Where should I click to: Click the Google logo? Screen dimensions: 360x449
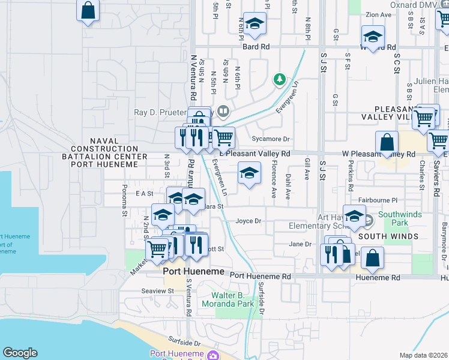[x=20, y=353]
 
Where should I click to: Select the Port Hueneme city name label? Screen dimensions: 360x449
[x=194, y=272]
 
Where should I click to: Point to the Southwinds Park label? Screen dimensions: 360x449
[x=400, y=218]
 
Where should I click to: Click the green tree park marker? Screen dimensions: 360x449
[x=279, y=79]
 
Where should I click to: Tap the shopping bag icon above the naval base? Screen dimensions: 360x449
[x=88, y=11]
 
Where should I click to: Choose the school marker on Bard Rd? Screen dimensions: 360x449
[x=255, y=25]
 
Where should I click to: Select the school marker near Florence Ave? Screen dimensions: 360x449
[x=250, y=174]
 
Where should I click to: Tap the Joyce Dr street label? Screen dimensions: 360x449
[x=249, y=221]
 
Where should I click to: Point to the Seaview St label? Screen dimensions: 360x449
[x=157, y=291]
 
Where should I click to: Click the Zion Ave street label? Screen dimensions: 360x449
[x=378, y=14]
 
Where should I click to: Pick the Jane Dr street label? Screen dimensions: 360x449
[x=300, y=244]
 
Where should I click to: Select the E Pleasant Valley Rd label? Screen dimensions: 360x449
[x=255, y=154]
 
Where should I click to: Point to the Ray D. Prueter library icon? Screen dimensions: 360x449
[x=223, y=111]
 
